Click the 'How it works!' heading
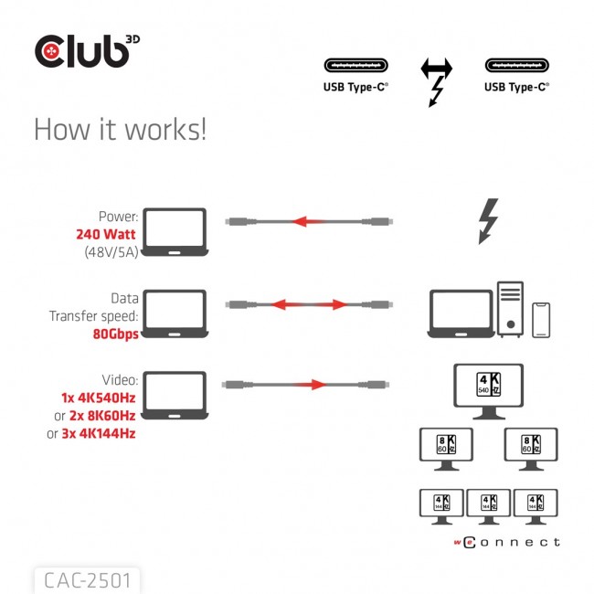(x=120, y=129)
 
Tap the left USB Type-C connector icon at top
(x=355, y=67)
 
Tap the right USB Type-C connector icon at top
(x=516, y=67)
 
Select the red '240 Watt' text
(x=108, y=234)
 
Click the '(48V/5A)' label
(x=108, y=251)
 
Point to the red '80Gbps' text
(x=115, y=334)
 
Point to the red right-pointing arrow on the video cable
(x=305, y=385)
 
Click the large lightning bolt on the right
(x=489, y=222)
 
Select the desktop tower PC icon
(x=510, y=309)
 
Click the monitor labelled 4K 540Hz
(x=489, y=388)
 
